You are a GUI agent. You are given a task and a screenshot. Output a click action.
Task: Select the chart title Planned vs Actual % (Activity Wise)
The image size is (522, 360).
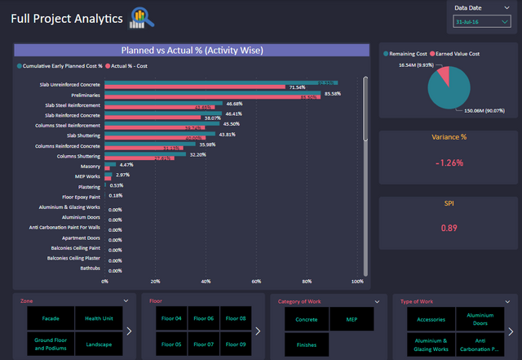[x=192, y=51]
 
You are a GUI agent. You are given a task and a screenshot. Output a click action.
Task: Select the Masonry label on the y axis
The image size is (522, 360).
[x=89, y=164]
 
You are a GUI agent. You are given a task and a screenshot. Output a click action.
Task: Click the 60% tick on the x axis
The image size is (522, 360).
[x=256, y=281]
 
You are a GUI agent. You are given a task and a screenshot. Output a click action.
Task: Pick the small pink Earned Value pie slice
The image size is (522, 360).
[x=444, y=76]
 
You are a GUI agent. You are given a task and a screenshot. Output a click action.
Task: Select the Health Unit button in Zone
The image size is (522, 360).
[x=98, y=319]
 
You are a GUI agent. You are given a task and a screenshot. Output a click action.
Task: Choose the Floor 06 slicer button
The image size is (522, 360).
[x=204, y=319]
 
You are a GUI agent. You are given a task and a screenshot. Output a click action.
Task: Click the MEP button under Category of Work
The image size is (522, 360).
[x=351, y=319]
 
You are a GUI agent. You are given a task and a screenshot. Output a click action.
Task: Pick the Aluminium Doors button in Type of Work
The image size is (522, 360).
[x=474, y=319]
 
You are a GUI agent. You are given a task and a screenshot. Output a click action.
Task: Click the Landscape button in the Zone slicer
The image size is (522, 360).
[x=98, y=344]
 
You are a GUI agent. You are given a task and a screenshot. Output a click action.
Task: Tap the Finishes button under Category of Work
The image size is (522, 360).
[x=307, y=344]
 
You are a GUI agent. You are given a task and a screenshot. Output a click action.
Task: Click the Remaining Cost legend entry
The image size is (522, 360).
[x=408, y=52]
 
